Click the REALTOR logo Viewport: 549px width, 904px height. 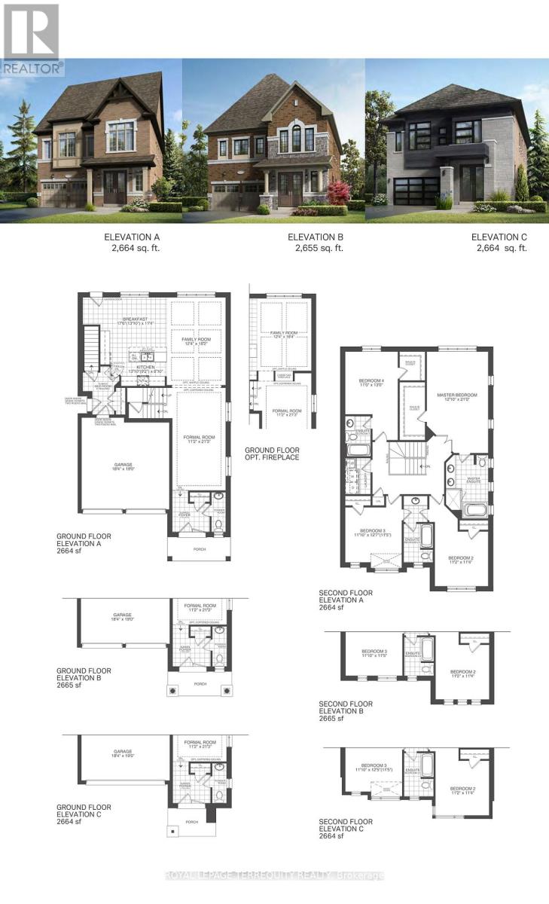point(30,38)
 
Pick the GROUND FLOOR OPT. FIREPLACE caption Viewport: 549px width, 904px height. point(271,454)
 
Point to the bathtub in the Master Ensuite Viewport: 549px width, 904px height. point(475,509)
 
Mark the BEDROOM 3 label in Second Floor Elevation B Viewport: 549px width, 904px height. point(374,653)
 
